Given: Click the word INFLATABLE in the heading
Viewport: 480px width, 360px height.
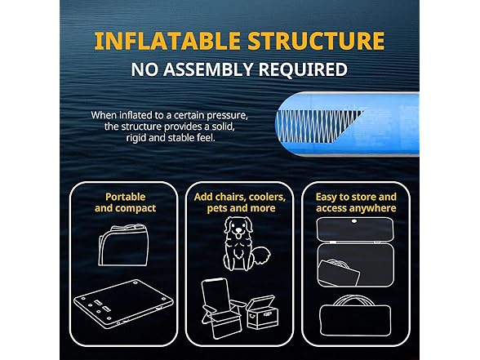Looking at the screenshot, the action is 167,41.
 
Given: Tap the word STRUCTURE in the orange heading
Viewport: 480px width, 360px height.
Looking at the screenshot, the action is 316,41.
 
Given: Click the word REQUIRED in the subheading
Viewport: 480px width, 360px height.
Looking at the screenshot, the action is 303,70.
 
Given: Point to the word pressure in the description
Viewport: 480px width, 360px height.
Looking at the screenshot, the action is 227,116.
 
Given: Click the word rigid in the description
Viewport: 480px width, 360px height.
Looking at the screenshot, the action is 136,138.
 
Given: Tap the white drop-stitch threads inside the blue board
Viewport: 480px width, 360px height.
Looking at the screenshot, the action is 318,127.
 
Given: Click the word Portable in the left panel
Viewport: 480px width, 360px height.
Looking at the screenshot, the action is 125,197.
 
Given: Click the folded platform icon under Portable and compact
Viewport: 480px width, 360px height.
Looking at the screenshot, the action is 123,245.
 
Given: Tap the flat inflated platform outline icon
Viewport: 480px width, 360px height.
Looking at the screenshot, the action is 123,304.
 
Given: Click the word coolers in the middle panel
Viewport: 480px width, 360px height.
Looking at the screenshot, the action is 267,197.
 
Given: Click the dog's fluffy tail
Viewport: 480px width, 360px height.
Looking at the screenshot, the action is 262,256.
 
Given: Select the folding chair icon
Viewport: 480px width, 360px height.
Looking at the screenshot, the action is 221,309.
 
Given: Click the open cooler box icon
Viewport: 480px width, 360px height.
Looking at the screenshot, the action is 262,312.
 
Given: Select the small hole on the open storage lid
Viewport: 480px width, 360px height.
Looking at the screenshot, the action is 354,221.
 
